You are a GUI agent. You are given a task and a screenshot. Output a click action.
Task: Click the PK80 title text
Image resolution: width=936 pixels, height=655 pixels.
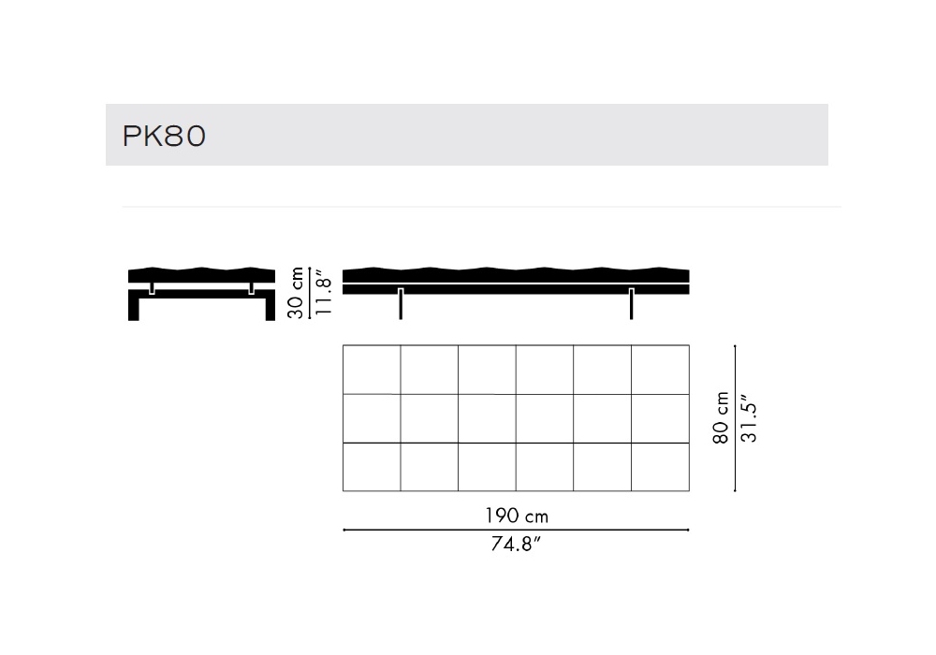point(164,136)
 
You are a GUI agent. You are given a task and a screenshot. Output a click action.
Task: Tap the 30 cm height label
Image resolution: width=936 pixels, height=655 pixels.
point(296,292)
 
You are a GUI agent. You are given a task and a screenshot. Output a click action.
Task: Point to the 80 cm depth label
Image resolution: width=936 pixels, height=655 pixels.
point(721,417)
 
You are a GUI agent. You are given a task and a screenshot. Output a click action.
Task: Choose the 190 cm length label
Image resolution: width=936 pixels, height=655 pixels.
point(517,516)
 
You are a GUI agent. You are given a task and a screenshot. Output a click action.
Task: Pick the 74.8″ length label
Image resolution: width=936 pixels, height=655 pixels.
point(516,544)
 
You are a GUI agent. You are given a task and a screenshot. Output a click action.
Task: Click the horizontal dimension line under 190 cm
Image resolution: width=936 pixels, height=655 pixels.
point(516,530)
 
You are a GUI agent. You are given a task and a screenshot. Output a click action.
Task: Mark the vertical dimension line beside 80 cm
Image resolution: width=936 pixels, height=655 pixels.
point(735,418)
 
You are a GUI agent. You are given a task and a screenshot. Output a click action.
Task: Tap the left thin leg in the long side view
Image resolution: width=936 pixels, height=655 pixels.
point(401,303)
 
